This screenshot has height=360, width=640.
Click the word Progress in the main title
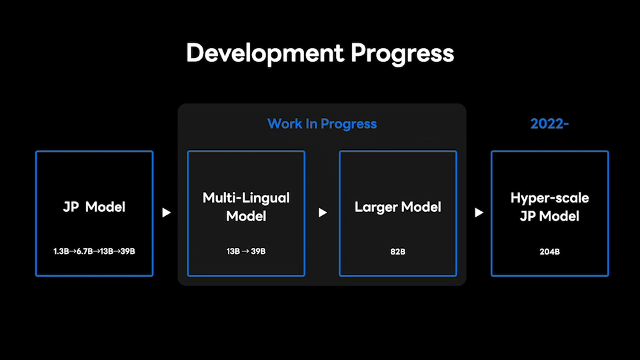403,53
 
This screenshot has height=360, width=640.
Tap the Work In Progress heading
322,124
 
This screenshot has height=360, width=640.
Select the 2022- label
549,124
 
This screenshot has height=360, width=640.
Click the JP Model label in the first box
94,207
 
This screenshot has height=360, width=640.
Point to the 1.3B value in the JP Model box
61,251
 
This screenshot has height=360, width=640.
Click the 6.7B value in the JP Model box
85,251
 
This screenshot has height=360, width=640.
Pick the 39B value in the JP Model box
127,251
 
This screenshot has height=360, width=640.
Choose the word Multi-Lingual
246,198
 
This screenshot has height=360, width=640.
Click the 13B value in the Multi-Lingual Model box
233,251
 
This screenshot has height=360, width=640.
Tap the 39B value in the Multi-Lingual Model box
258,251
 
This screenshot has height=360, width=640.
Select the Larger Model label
398,207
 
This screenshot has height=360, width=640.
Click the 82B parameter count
398,252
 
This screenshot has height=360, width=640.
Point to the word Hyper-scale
550,198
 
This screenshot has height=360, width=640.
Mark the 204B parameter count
550,252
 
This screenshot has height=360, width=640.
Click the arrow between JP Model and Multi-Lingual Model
166,213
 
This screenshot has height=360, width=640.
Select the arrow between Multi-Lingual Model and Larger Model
323,213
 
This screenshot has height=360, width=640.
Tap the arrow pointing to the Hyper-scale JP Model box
479,213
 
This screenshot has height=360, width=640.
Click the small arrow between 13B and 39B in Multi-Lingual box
245,251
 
